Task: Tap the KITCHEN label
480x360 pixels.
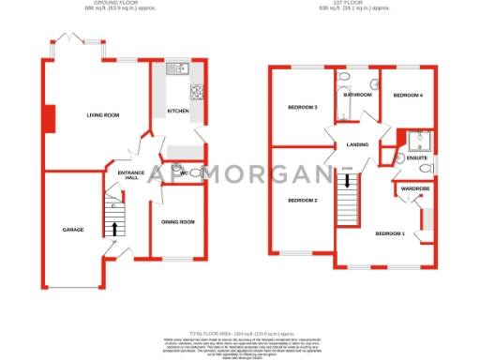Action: click(178, 111)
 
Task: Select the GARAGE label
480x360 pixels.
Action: click(73, 230)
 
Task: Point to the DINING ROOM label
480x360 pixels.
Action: click(178, 221)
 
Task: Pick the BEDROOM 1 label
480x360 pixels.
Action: click(390, 232)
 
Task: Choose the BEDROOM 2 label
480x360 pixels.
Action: click(303, 201)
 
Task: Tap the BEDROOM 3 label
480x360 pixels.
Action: click(303, 108)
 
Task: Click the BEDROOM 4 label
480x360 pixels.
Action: click(408, 96)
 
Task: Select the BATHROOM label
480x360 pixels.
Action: click(358, 96)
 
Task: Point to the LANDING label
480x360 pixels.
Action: click(357, 144)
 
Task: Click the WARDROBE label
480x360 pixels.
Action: click(415, 188)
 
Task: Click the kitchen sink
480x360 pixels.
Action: click(177, 68)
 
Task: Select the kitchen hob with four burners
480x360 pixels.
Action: click(198, 92)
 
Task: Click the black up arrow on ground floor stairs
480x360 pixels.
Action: click(115, 228)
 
